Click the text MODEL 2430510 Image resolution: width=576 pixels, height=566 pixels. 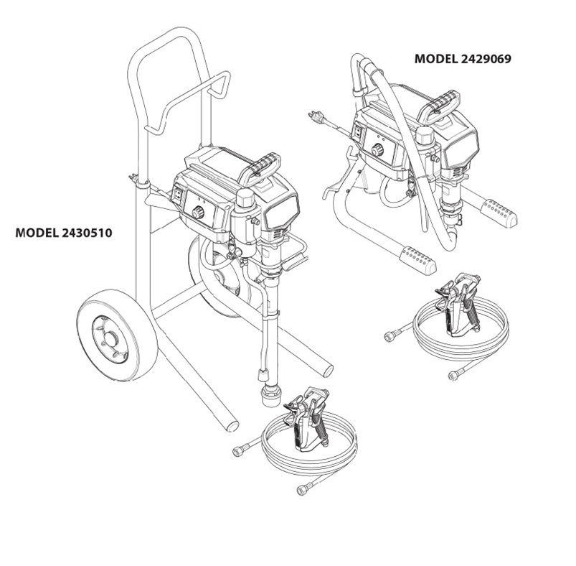[x=64, y=233]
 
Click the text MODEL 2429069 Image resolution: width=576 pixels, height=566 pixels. [x=463, y=60]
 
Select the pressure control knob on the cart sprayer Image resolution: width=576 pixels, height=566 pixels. [x=199, y=213]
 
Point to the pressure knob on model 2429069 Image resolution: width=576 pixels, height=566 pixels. [x=377, y=150]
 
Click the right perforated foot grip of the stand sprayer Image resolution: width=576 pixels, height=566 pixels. [x=499, y=212]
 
